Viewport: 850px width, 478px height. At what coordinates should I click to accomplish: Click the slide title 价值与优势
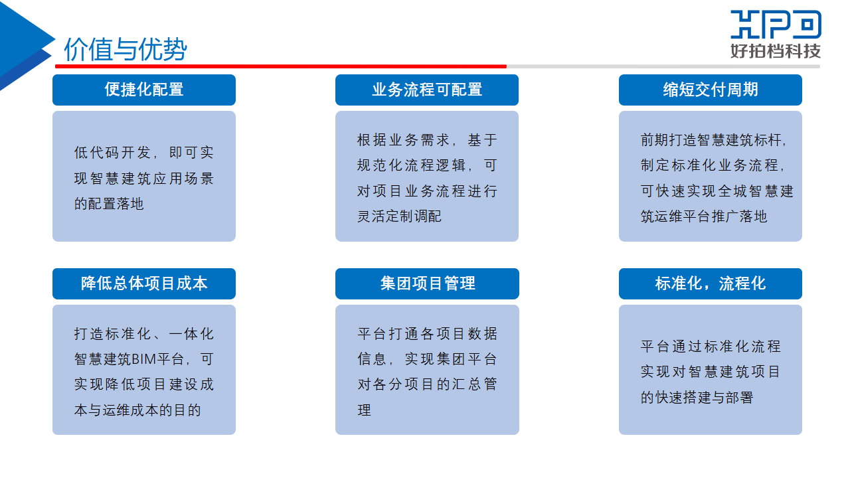pos(126,49)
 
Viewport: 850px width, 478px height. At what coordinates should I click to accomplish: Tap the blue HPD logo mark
pos(776,25)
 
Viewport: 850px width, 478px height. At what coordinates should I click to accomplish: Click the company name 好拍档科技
pos(776,51)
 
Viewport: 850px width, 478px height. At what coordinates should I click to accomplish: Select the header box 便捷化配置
pos(144,90)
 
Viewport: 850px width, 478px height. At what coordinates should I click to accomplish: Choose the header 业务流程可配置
pos(427,90)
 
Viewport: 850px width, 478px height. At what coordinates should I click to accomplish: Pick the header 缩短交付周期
pos(711,90)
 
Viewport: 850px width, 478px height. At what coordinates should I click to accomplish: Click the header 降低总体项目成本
pos(144,283)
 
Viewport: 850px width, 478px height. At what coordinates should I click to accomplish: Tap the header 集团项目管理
pos(427,283)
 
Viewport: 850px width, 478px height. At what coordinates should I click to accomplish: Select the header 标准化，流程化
pos(711,283)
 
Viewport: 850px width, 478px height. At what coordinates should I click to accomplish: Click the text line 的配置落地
pos(109,204)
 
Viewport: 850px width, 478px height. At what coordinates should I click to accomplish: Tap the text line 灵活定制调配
pos(399,216)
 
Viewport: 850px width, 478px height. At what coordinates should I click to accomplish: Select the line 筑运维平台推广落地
pos(704,216)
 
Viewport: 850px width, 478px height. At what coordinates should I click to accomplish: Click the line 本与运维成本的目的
pos(137,410)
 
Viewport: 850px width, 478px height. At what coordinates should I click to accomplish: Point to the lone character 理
pos(365,410)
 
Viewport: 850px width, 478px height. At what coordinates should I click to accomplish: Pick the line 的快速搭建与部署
pos(697,398)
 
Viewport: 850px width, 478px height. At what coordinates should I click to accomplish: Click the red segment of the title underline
pos(281,66)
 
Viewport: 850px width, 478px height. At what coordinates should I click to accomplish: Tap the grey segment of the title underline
pos(663,66)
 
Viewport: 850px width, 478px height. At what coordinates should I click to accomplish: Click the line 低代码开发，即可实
pos(144,153)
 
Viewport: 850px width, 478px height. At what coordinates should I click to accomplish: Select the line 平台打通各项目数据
pos(427,334)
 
